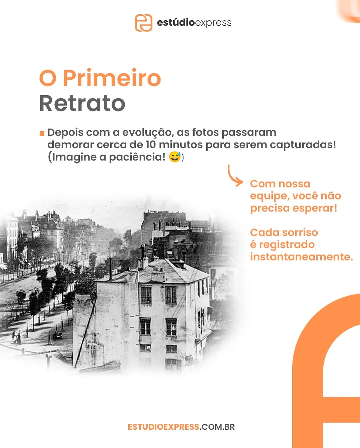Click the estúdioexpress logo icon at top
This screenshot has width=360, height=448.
pos(143,23)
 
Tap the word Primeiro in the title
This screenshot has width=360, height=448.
pos(112,78)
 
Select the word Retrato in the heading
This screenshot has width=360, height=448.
pos(82,103)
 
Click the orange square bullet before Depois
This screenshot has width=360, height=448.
pos(42,134)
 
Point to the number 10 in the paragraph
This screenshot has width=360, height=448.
pos(151,145)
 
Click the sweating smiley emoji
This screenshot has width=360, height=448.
pos(175,157)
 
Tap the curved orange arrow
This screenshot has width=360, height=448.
pos(234,176)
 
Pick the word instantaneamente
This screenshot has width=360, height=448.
pos(301,257)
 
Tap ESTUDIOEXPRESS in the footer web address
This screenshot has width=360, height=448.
pos(163,427)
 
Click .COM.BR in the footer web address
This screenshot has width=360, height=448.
pos(217,427)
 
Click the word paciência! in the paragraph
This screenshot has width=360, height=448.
pos(137,157)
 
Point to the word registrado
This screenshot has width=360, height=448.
pos(287,245)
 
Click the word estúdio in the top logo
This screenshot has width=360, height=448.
pos(176,23)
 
